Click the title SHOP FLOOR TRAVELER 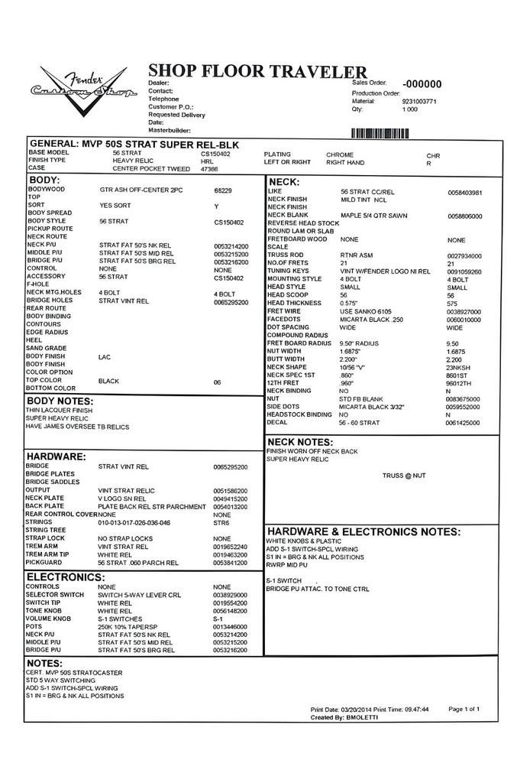[257, 71]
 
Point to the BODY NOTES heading [69, 401]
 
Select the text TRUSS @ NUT [405, 476]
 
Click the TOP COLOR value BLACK [110, 380]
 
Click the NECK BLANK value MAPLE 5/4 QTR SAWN [373, 216]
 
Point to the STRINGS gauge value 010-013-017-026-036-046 [134, 523]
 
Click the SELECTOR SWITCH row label [55, 594]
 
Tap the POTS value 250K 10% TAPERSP [128, 626]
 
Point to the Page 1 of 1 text [464, 709]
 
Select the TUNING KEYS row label [288, 271]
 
